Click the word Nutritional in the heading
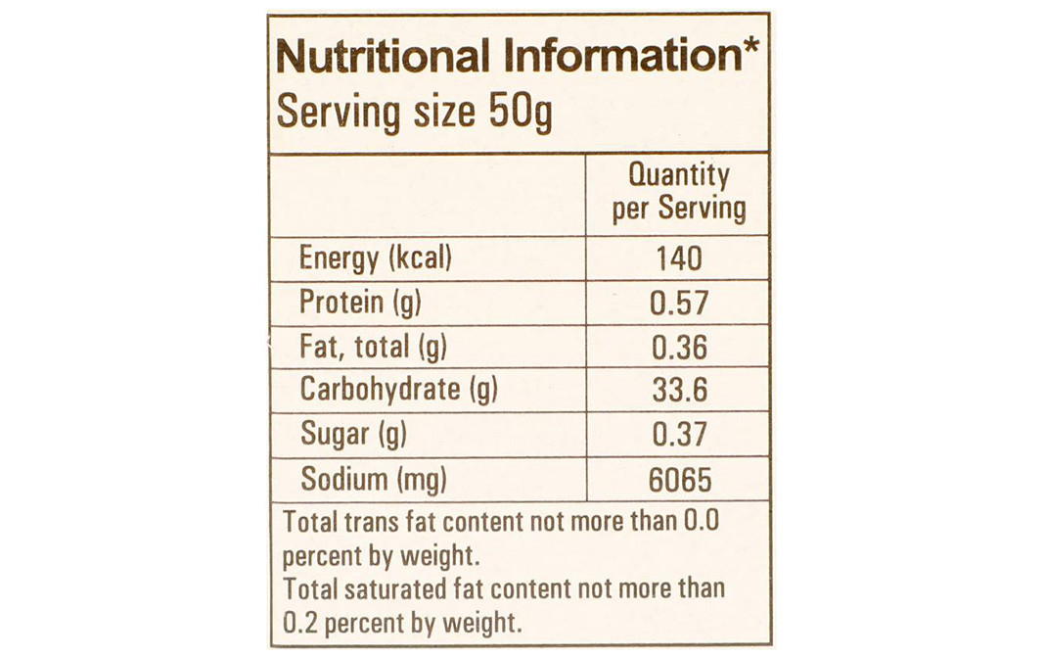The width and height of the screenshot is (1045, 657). coord(382,58)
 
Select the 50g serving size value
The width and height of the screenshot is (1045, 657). coord(520,112)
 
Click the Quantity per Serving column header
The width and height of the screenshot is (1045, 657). coord(678,192)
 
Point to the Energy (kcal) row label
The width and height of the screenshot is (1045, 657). coord(376,258)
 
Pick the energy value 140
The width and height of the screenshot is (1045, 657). coord(678,258)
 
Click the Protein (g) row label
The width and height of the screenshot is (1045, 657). coord(360,303)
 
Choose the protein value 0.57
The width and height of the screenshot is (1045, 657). coord(678,304)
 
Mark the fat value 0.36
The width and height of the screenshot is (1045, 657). coord(678,348)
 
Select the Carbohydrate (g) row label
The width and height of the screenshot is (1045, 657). coord(398,391)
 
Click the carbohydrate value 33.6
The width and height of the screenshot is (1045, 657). coord(678,392)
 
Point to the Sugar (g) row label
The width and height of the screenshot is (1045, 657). coord(353,435)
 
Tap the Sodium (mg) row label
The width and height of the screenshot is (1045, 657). coord(374,480)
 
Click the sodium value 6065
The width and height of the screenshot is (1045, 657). coord(678,481)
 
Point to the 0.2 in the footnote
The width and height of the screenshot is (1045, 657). coord(299,622)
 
